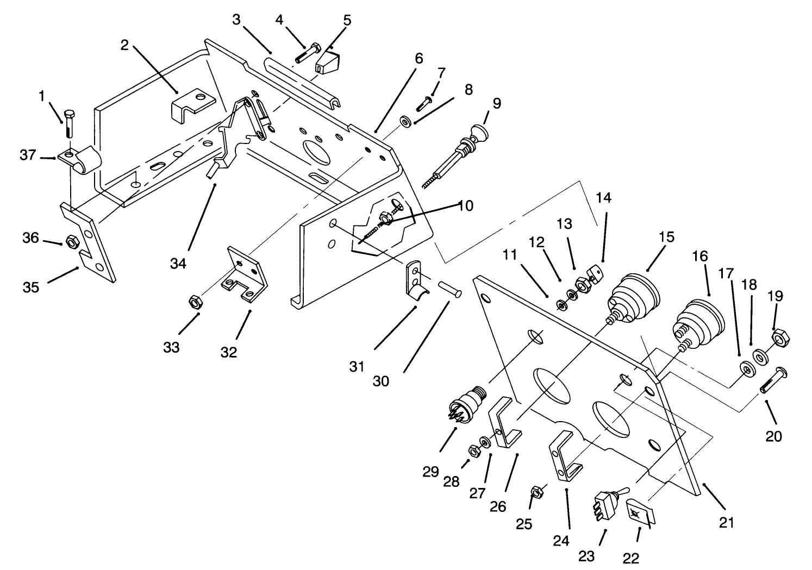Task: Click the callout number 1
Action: click(41, 96)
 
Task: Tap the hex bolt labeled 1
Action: click(69, 124)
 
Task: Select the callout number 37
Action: click(28, 155)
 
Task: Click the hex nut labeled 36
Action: click(71, 241)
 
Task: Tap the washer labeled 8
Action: click(406, 120)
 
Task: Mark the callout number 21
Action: click(727, 523)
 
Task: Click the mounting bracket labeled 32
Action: click(247, 277)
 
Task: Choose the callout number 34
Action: click(178, 264)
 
